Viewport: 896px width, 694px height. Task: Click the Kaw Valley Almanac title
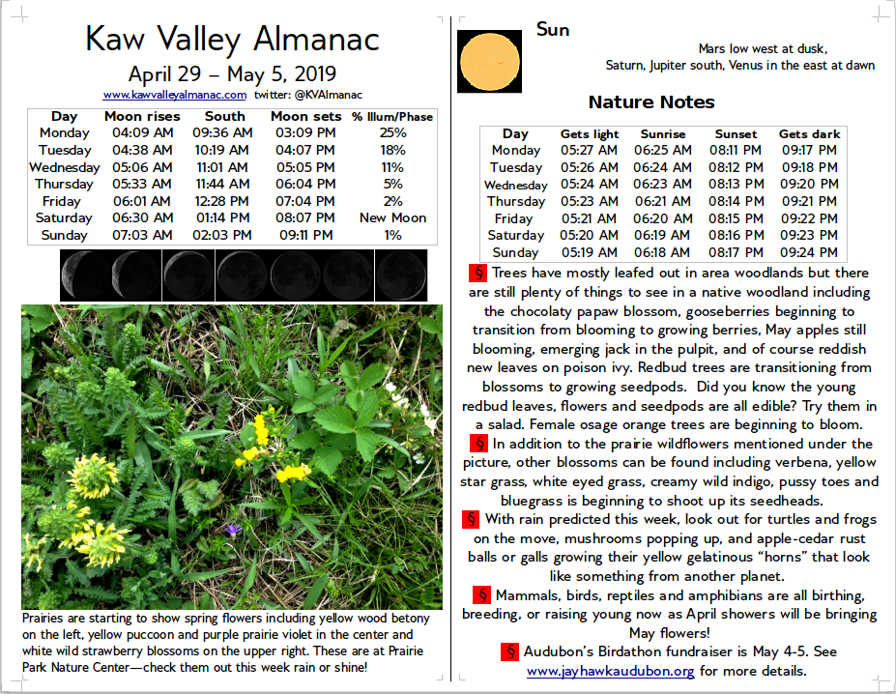tap(232, 39)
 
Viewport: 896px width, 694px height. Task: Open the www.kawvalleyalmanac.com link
tap(175, 95)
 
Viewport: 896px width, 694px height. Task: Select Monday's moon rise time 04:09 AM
tap(142, 132)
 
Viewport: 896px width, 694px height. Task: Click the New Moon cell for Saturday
tap(392, 217)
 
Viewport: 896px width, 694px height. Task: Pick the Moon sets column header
tap(305, 116)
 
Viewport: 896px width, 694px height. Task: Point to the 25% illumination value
tap(392, 132)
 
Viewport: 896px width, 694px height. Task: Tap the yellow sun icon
tap(489, 62)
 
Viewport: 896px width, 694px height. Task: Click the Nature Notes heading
tap(650, 102)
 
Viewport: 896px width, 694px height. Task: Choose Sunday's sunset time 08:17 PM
tap(736, 252)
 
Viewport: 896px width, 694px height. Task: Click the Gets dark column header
tap(810, 133)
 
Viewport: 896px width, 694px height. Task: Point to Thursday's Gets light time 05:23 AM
tap(590, 201)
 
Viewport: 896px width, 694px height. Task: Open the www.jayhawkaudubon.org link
tap(610, 670)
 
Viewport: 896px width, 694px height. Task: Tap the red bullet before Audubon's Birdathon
tap(510, 651)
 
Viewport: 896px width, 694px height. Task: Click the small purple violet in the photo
tap(231, 529)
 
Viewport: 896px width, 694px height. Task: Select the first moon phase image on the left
tap(85, 275)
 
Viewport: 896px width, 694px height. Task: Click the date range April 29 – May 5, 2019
tap(232, 74)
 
